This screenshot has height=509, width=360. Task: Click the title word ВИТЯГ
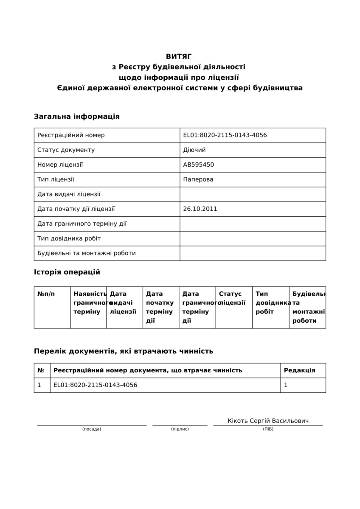[179, 56]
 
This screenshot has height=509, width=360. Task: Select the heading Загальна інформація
[76, 117]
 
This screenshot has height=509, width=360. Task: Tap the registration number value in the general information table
[225, 135]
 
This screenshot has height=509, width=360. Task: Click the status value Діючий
[194, 150]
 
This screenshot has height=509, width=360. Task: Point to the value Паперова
[198, 179]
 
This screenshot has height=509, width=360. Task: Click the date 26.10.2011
[200, 209]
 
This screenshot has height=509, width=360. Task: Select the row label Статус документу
[66, 150]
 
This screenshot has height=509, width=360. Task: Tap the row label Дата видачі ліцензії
[69, 194]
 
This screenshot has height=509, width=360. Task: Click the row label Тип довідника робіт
[69, 238]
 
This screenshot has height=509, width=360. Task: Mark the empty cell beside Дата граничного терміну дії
[253, 224]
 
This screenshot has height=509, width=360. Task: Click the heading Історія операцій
[67, 272]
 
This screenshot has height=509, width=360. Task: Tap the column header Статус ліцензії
[232, 298]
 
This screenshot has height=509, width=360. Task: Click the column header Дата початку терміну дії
[160, 307]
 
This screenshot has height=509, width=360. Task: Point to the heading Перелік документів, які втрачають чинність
[124, 351]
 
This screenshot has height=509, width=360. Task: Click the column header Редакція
[299, 370]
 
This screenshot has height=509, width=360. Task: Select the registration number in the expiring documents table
[95, 385]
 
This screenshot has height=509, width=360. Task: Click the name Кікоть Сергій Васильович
[268, 421]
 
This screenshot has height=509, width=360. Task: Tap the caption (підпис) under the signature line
[180, 429]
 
